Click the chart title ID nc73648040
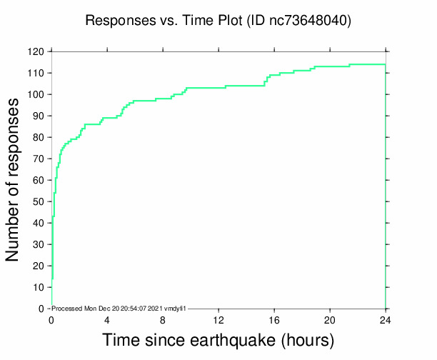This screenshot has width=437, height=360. coord(298,21)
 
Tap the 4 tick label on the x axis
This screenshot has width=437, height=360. coord(107,321)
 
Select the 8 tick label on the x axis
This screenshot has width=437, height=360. coord(163,321)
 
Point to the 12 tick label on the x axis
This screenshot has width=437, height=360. coord(218,321)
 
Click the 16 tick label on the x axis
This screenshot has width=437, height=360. coord(274,321)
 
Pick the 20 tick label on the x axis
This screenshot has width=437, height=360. coord(330,321)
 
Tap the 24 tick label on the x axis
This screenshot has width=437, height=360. coord(386,321)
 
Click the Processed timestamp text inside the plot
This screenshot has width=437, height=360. coord(119,308)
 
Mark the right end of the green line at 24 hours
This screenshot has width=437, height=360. coord(386,64)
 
